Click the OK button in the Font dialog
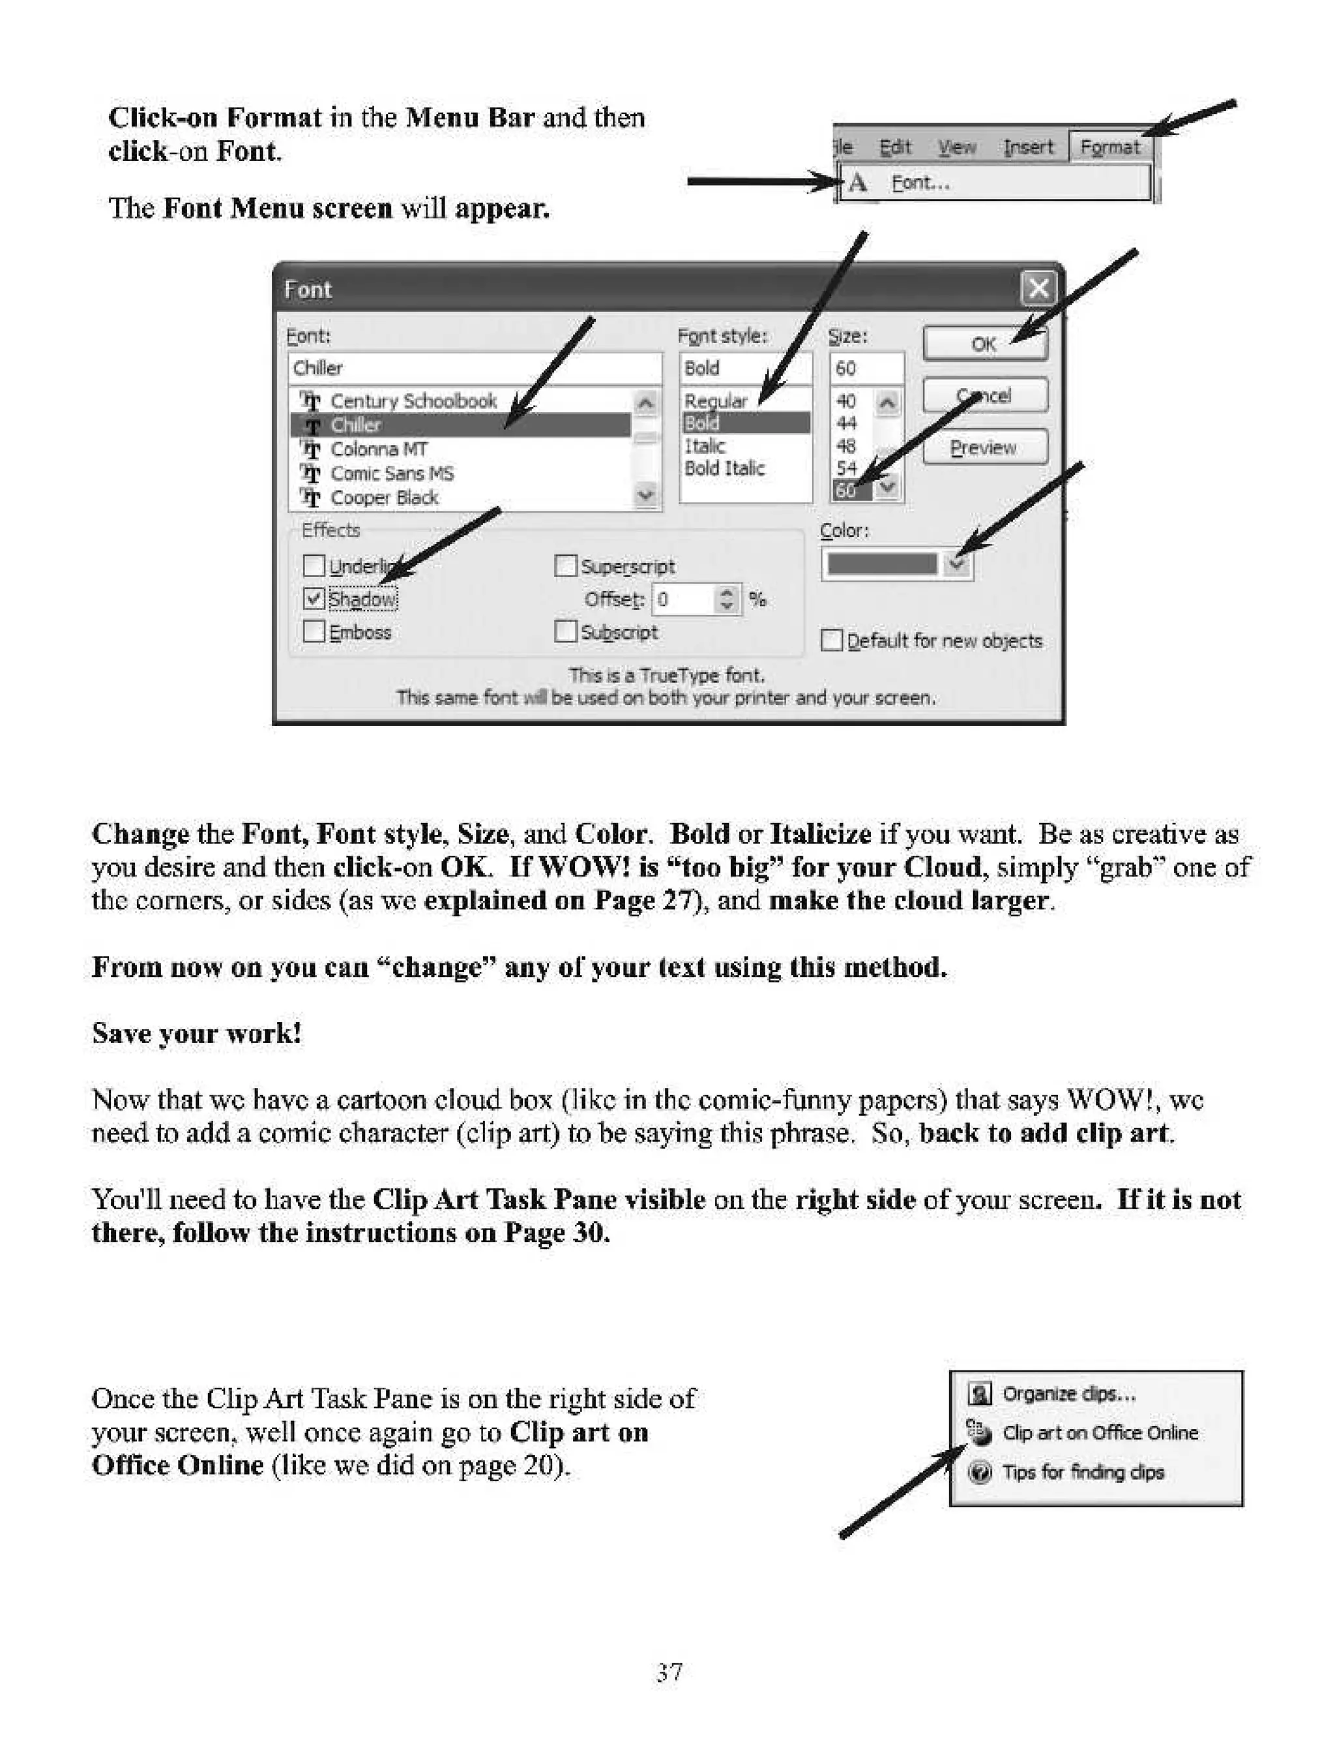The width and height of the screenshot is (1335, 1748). coord(984,344)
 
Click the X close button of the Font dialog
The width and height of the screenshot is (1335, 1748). coord(1038,288)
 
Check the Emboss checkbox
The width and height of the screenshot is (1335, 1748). coord(314,631)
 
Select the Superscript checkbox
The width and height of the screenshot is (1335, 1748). coord(565,565)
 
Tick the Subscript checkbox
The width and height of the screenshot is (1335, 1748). coord(565,631)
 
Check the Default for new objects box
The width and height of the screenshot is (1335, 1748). coord(831,640)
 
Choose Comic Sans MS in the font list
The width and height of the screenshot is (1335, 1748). coord(392,474)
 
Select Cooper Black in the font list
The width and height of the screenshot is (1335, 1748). coord(385,498)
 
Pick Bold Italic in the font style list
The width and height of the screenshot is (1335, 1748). coord(724,468)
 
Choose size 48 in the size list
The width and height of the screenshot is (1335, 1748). coord(846,446)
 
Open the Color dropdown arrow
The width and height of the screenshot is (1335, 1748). coord(957,564)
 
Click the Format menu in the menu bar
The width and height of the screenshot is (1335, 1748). coord(1109,147)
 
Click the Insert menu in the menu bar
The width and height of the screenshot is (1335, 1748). coord(1027,147)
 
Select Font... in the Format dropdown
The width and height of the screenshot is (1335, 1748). coord(920,183)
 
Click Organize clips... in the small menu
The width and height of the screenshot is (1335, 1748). coord(1069,1393)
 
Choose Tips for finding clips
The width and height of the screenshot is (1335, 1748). coord(1082,1472)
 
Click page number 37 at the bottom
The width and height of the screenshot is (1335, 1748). coord(669,1672)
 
